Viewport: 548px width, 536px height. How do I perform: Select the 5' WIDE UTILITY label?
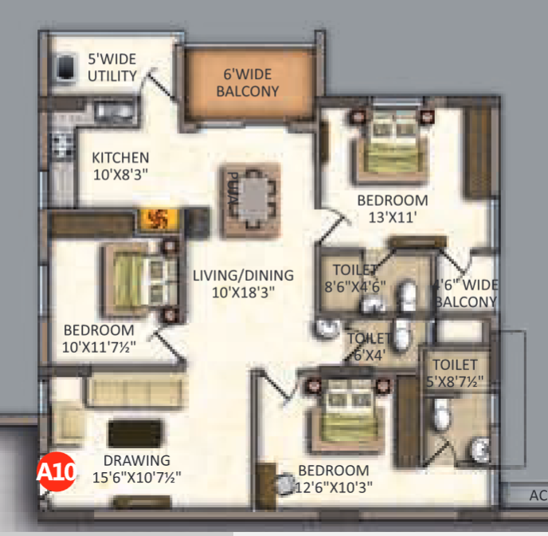point(113,68)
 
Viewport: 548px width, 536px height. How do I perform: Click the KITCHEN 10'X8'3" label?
point(119,165)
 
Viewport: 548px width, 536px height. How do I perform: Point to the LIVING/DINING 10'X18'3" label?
point(243,283)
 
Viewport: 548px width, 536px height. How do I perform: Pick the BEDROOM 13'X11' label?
point(392,207)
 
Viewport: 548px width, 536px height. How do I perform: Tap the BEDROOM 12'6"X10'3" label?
point(333,478)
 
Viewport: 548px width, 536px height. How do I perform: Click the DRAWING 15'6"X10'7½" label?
point(136,469)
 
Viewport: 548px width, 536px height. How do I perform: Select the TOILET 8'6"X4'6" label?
point(358,277)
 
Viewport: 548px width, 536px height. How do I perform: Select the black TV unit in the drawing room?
point(135,433)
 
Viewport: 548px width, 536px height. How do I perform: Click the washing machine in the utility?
point(65,69)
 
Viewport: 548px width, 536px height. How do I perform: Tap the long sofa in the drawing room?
point(135,390)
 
